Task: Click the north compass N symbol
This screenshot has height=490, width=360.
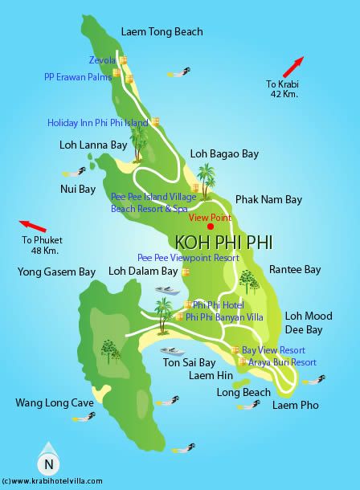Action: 49,463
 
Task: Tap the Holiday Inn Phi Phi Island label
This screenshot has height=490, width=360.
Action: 97,123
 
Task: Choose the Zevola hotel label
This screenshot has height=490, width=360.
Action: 101,59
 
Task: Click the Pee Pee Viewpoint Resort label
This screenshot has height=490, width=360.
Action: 188,258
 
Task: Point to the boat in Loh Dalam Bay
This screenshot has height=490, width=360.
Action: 166,291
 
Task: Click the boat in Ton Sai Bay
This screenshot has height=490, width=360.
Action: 173,351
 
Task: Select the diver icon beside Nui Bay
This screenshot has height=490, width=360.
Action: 75,172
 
